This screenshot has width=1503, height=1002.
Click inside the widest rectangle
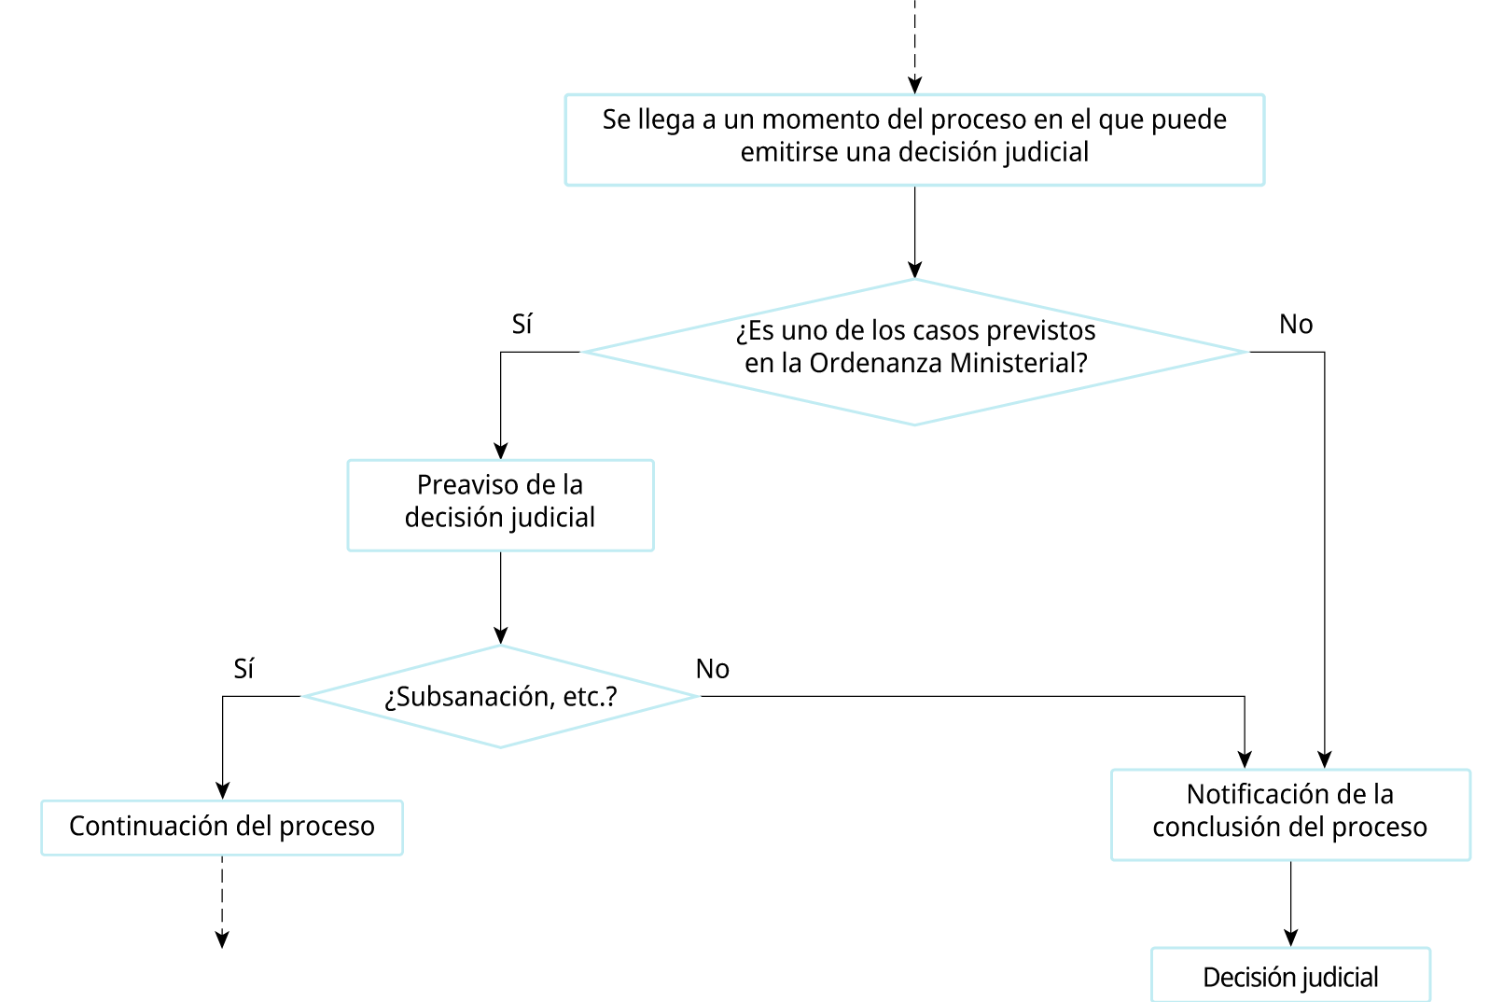[x=914, y=140]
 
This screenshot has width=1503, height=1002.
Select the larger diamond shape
[x=914, y=352]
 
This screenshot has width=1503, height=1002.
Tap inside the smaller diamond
[x=501, y=696]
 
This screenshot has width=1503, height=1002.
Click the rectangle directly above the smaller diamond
[x=501, y=505]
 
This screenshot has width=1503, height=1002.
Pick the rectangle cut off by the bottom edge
[x=1290, y=975]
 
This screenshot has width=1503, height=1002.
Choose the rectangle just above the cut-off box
[x=1290, y=814]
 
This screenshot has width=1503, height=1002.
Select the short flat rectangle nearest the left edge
[x=222, y=828]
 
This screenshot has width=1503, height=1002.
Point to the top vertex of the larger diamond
[x=914, y=279]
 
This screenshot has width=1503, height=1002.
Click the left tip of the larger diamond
[x=583, y=352]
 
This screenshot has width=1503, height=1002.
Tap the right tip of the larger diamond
[x=1247, y=352]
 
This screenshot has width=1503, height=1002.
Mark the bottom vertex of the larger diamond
[x=914, y=424]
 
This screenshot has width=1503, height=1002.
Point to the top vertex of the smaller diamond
[x=501, y=645]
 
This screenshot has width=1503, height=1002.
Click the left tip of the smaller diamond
[x=304, y=696]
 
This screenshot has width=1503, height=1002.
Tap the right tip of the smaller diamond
[x=698, y=696]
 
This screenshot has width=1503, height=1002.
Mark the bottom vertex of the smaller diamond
[x=501, y=746]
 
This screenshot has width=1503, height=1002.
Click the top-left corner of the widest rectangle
[x=566, y=94]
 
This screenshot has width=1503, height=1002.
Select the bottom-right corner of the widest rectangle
[x=1264, y=185]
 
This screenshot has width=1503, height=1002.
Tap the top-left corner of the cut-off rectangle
[x=1152, y=949]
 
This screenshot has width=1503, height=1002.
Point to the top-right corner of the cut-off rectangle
[x=1429, y=949]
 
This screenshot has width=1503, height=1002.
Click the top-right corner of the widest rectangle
[x=1264, y=94]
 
